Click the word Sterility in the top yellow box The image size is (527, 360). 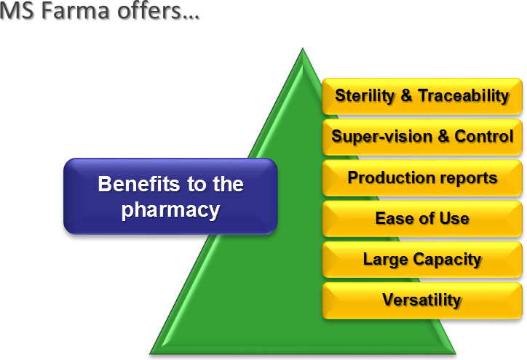pyautogui.click(x=365, y=96)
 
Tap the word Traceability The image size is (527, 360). pyautogui.click(x=464, y=96)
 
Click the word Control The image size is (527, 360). pyautogui.click(x=484, y=136)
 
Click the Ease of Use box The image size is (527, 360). pyautogui.click(x=422, y=219)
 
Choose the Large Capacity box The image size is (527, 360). pyautogui.click(x=422, y=260)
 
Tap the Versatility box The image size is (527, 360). pyautogui.click(x=422, y=300)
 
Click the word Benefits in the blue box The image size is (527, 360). pyautogui.click(x=140, y=184)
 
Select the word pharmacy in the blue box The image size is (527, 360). pyautogui.click(x=170, y=210)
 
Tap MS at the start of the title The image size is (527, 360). pyautogui.click(x=17, y=10)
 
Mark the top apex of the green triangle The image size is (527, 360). pyautogui.click(x=303, y=49)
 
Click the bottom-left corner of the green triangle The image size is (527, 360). pyautogui.click(x=150, y=353)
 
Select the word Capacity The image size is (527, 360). pyautogui.click(x=448, y=260)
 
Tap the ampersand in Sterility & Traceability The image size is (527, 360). pyautogui.click(x=406, y=95)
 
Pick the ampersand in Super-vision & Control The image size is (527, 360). pyautogui.click(x=443, y=136)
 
